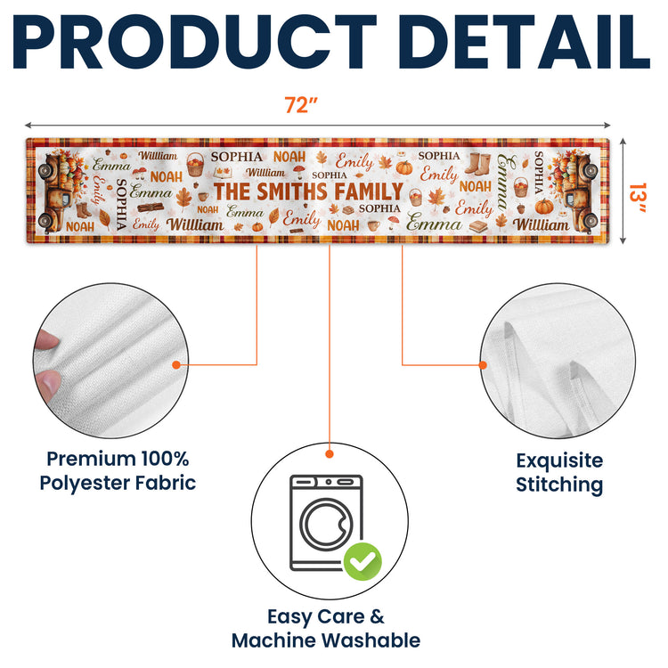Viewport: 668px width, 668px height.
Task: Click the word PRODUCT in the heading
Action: (195, 42)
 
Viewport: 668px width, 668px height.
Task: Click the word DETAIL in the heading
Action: (524, 42)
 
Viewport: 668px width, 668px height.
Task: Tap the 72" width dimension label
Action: (301, 105)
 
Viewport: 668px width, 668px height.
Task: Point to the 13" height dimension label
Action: (638, 197)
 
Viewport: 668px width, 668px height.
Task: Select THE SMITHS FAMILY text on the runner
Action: (308, 191)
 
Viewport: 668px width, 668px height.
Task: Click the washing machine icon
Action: (326, 523)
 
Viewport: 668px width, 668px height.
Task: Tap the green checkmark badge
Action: (363, 561)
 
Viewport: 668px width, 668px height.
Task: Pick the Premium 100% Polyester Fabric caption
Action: (118, 471)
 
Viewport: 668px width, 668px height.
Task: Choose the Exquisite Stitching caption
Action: (559, 472)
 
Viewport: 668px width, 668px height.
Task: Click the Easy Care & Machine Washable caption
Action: (326, 629)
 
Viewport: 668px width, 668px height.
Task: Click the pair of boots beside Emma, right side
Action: (477, 164)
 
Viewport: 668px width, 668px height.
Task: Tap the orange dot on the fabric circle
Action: (176, 364)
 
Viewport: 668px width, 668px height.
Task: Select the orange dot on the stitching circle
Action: (483, 365)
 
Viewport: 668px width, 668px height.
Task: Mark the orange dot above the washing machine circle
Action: (330, 454)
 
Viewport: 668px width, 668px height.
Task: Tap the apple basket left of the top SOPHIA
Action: (195, 164)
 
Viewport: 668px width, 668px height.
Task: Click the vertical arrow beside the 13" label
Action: (623, 191)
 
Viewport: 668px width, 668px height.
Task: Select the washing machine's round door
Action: (326, 524)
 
